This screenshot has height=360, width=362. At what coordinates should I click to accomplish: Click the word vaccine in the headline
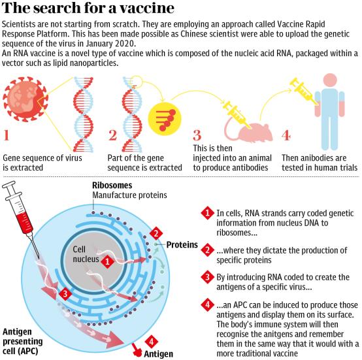[x=147, y=8]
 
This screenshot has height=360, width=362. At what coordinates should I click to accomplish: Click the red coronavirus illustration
[x=25, y=99]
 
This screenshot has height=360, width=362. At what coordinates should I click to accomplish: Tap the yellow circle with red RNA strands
[x=165, y=119]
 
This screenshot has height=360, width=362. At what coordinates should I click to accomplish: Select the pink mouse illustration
[x=249, y=131]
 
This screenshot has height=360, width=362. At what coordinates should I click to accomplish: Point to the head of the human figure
[x=330, y=80]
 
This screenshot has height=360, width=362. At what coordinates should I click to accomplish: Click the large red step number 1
[x=7, y=135]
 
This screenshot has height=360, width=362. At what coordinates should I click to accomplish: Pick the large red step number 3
[x=197, y=135]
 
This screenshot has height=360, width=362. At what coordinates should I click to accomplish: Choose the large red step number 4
[x=286, y=135]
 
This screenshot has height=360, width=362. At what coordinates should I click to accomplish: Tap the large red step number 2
[x=112, y=135]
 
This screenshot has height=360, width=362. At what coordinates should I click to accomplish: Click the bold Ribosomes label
[x=112, y=186]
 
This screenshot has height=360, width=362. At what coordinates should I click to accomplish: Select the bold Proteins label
[x=182, y=244]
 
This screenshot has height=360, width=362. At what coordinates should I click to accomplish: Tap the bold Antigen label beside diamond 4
[x=158, y=353]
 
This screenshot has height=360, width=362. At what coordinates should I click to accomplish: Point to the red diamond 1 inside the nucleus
[x=107, y=262]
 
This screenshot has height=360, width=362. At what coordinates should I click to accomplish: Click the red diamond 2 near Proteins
[x=156, y=233]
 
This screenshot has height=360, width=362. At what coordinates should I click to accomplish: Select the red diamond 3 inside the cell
[x=65, y=294]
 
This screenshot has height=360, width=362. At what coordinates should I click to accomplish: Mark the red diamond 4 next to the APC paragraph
[x=208, y=304]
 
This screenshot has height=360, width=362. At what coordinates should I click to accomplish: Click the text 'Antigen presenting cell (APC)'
[x=23, y=341]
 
